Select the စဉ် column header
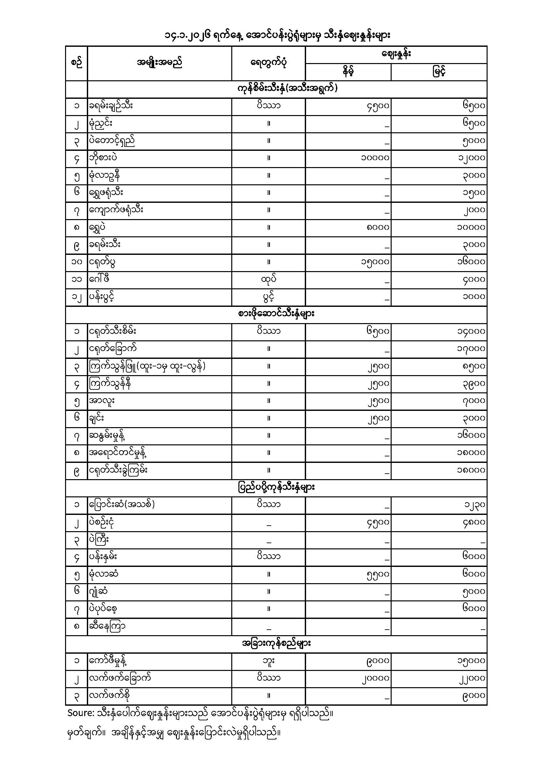[76, 63]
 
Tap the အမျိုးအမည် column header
[159, 63]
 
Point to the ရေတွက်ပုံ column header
[268, 63]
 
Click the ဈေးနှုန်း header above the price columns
[396, 55]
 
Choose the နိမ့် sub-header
[348, 72]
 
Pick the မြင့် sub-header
[438, 72]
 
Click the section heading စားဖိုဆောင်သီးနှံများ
[276, 314]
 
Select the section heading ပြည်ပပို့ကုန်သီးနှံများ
[276, 488]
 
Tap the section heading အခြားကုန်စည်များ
[276, 644]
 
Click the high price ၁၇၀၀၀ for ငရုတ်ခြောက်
[471, 349]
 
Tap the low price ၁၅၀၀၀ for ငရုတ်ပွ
[375, 262]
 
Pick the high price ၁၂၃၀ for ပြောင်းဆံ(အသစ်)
[474, 505]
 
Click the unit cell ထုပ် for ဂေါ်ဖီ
[268, 280]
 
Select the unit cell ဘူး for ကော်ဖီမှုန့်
[268, 661]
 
